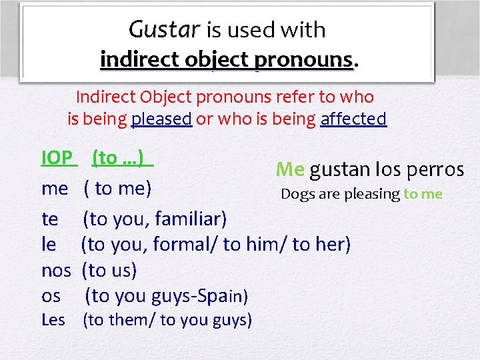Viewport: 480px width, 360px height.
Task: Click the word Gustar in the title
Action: tap(164, 30)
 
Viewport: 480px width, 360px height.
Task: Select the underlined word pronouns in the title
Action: tap(309, 59)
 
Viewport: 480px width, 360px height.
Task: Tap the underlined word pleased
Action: tap(162, 119)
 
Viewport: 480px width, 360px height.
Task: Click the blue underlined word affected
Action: tap(353, 119)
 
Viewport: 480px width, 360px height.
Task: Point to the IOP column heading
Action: tap(57, 158)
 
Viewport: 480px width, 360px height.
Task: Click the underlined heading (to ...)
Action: tap(122, 158)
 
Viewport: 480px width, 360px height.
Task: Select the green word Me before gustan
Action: tap(290, 169)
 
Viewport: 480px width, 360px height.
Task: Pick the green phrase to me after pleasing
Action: tap(423, 195)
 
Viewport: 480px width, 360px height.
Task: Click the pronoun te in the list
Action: tap(49, 219)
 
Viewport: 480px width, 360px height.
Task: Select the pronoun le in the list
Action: tap(48, 245)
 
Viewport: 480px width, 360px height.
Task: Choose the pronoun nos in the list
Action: tap(56, 271)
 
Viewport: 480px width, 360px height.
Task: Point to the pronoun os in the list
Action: tap(51, 296)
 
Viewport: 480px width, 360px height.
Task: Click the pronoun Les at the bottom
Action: tap(53, 320)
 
